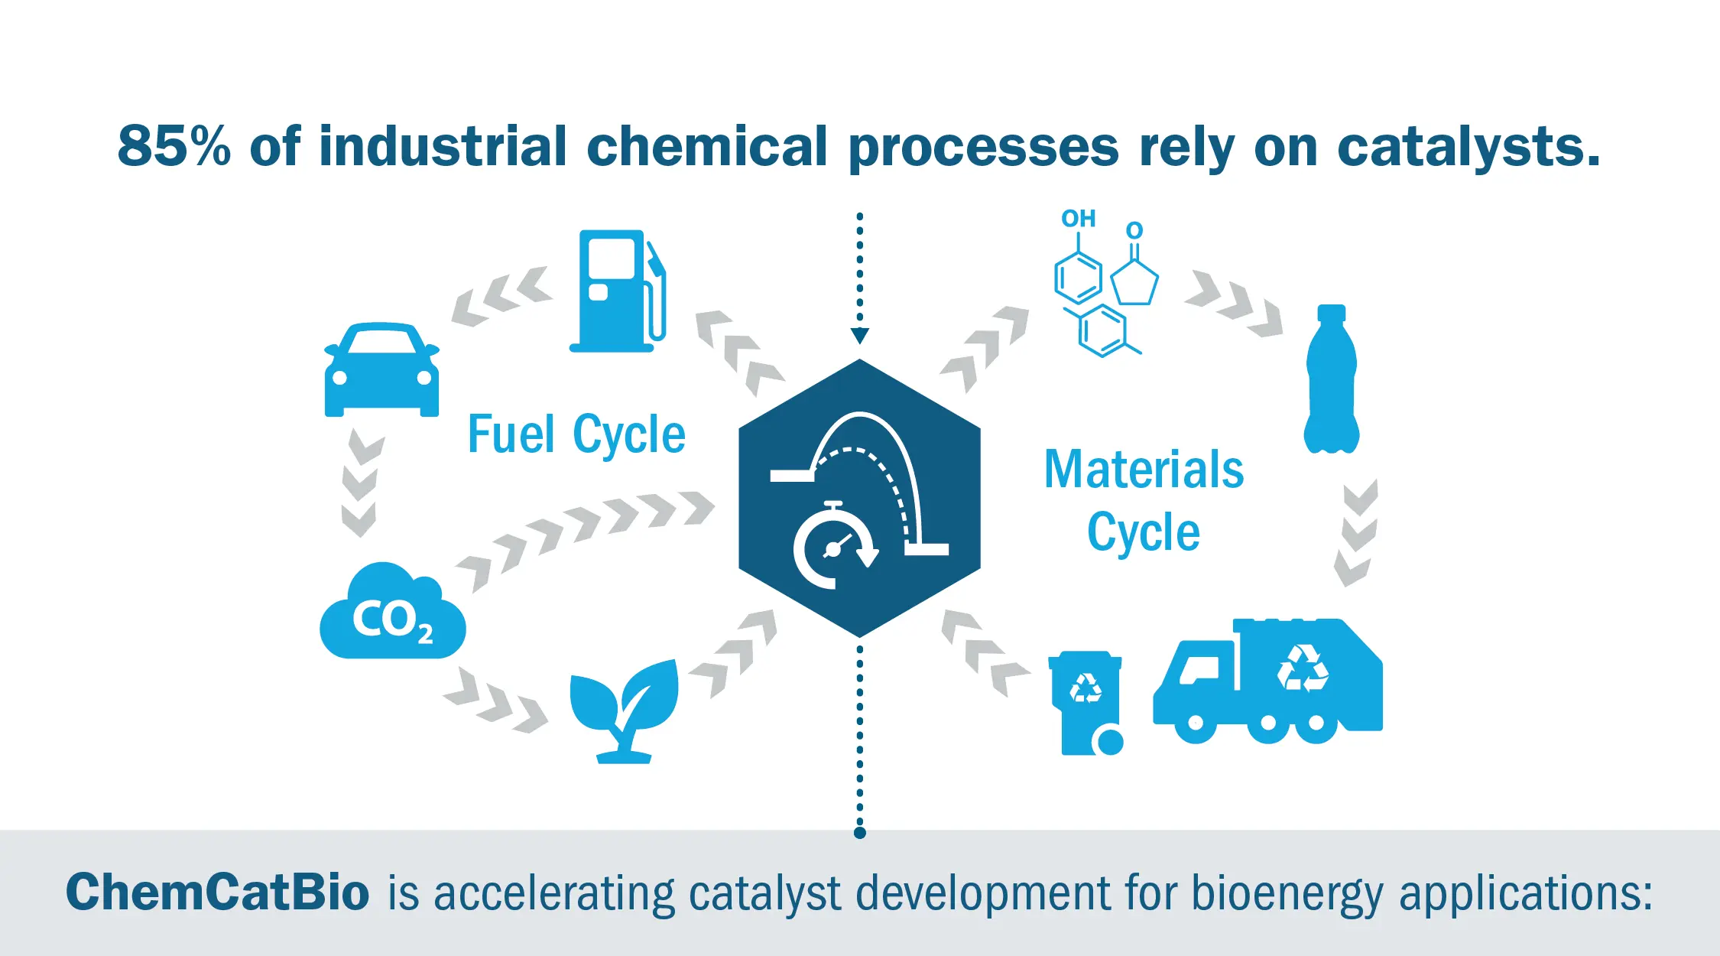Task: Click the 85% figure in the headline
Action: click(174, 146)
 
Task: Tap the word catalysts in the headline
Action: click(1468, 146)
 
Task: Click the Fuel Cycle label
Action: click(576, 434)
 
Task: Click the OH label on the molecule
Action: click(1078, 219)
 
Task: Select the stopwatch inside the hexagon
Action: click(833, 546)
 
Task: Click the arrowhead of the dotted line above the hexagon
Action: click(860, 336)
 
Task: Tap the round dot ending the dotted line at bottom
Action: click(860, 833)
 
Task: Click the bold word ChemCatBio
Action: click(217, 892)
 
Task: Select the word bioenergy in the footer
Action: click(1287, 893)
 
